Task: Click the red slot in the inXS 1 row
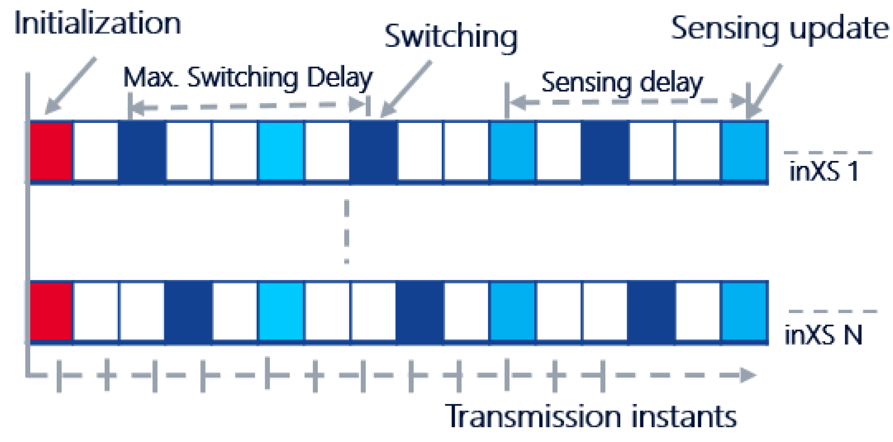[x=51, y=151]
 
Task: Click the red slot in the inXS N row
[x=51, y=311]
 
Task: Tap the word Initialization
[x=98, y=24]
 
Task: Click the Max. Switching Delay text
[x=247, y=77]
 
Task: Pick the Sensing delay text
[x=622, y=83]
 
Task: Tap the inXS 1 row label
[x=824, y=172]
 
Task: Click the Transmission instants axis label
[x=591, y=416]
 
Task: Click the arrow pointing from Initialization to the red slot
[x=70, y=86]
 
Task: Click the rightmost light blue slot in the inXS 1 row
[x=744, y=151]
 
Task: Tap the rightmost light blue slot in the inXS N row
[x=744, y=311]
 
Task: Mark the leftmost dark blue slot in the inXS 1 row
[x=142, y=151]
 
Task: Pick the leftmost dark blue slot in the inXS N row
[x=188, y=311]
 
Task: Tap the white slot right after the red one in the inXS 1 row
[x=96, y=151]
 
